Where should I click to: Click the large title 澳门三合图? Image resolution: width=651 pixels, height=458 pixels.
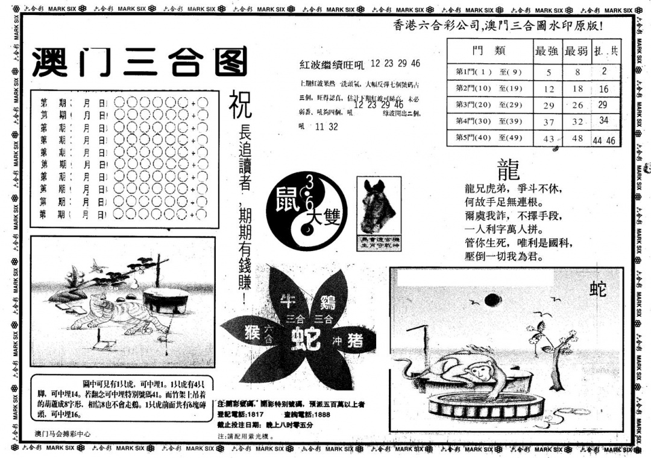pos(139,62)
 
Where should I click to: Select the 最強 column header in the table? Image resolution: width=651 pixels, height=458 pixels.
pos(547,51)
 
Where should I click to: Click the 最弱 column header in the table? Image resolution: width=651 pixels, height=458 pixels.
pos(576,51)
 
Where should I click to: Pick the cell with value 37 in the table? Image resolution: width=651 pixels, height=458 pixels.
pos(548,122)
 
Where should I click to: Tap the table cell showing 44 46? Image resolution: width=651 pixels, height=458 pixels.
pos(604,140)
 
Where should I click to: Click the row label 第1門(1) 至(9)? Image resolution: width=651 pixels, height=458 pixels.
pos(488,72)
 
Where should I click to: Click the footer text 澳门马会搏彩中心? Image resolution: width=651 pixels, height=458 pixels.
pos(63,433)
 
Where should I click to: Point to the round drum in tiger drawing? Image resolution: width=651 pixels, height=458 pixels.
pos(165,299)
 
